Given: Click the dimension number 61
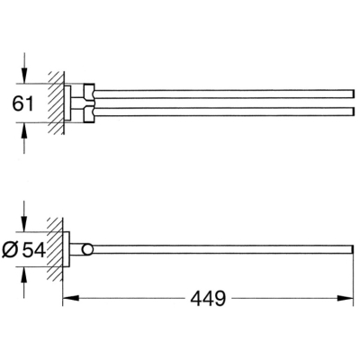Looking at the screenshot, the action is pyautogui.click(x=23, y=103).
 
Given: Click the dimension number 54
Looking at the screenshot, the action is pyautogui.click(x=34, y=249).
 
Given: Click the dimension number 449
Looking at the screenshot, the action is pyautogui.click(x=208, y=299).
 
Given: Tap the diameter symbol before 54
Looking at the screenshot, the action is pyautogui.click(x=10, y=249).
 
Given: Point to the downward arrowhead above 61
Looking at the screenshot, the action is pyautogui.click(x=24, y=76).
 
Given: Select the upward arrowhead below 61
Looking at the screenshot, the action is pyautogui.click(x=24, y=130).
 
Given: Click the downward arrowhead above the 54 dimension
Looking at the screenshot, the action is pyautogui.click(x=24, y=224).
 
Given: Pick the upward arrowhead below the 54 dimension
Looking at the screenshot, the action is pyautogui.click(x=24, y=274).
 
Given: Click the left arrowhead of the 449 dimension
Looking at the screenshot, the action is pyautogui.click(x=71, y=298).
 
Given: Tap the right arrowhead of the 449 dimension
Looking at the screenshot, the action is pyautogui.click(x=346, y=298).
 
